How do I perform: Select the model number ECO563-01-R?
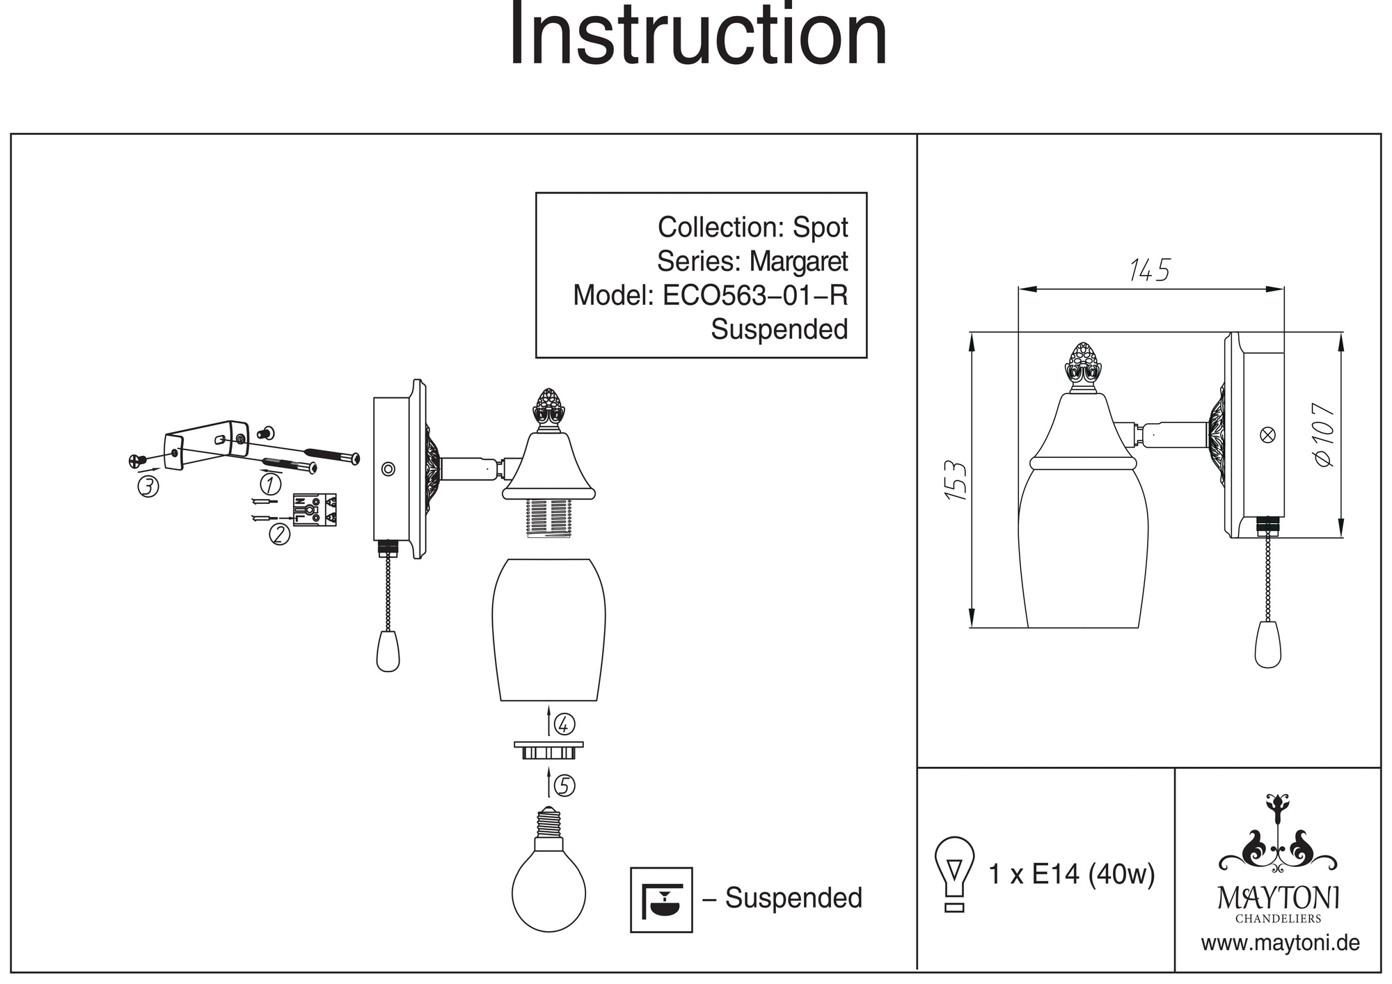pyautogui.click(x=755, y=296)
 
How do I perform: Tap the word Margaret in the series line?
pyautogui.click(x=798, y=262)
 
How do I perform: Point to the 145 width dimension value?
pyautogui.click(x=1149, y=271)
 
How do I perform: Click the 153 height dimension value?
pyautogui.click(x=956, y=480)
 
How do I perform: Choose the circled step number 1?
pyautogui.click(x=270, y=483)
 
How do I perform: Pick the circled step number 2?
pyautogui.click(x=279, y=534)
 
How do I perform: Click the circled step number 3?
pyautogui.click(x=148, y=487)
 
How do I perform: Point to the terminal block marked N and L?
pyautogui.click(x=315, y=509)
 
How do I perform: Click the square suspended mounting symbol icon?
pyautogui.click(x=661, y=899)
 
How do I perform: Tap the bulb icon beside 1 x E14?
pyautogui.click(x=954, y=873)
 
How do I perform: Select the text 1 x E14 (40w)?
pyautogui.click(x=1071, y=874)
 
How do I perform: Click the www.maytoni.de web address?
pyautogui.click(x=1280, y=944)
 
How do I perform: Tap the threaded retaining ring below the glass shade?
pyautogui.click(x=548, y=750)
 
